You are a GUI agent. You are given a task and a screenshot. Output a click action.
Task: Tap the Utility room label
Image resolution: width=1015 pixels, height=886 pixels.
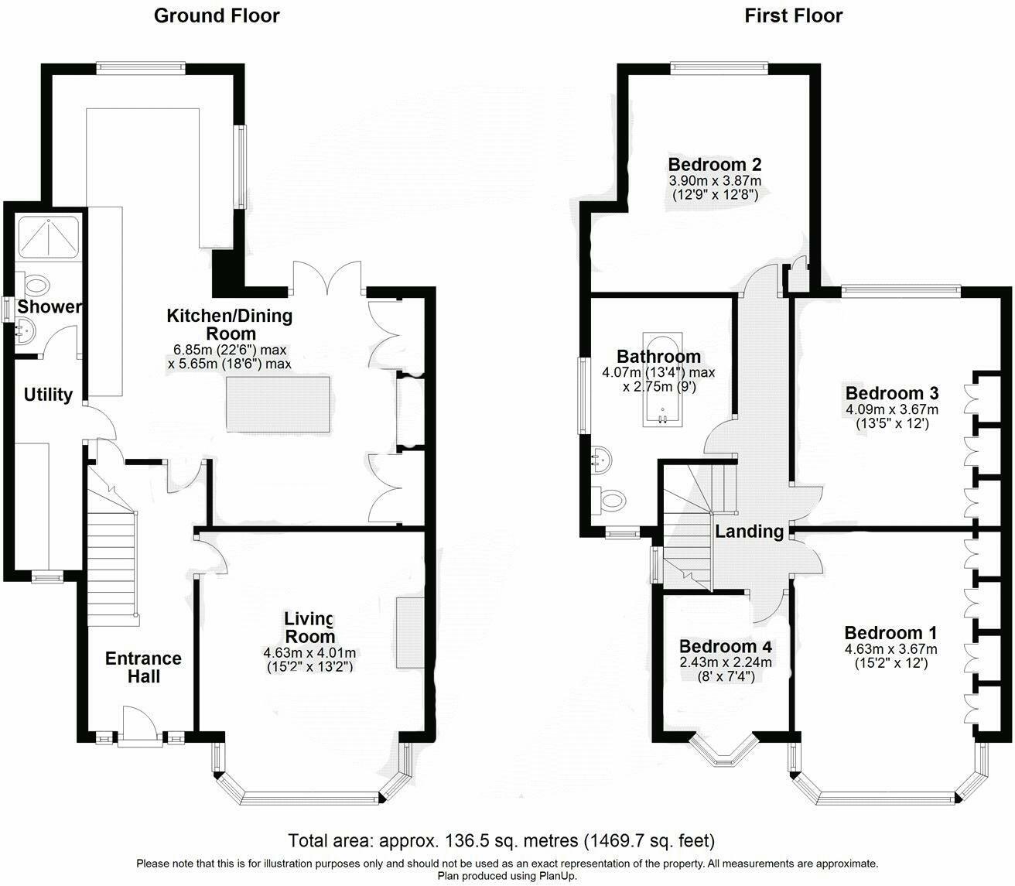(48, 395)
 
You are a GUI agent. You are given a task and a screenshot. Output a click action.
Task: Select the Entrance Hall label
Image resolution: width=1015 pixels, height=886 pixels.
(143, 667)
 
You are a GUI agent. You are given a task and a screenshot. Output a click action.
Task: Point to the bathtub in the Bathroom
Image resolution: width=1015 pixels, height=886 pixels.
(662, 379)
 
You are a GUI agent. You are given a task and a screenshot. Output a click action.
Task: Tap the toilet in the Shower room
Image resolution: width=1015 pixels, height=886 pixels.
(35, 286)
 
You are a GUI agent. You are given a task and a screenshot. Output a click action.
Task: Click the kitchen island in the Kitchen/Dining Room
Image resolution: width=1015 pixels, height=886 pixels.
(279, 404)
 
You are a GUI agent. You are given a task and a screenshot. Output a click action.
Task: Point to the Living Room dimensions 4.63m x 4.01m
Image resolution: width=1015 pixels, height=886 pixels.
(309, 653)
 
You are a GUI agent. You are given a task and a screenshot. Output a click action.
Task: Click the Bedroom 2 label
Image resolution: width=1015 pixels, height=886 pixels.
(714, 164)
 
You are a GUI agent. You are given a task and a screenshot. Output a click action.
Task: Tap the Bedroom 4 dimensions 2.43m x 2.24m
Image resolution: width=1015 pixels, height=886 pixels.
(726, 662)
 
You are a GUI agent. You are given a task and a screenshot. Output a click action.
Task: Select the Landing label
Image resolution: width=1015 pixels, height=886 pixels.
(749, 532)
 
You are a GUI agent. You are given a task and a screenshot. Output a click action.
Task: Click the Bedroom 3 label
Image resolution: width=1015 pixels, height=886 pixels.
(892, 393)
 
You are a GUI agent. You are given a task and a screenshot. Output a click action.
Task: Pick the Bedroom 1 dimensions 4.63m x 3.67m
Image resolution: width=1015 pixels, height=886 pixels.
(891, 649)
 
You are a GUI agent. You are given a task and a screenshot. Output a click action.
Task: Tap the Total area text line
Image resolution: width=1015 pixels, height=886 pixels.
(501, 840)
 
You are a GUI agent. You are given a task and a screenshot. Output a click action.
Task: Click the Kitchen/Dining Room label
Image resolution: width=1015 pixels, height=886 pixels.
(230, 324)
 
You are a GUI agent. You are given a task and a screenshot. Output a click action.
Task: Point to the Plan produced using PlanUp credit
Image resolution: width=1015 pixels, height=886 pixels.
(507, 876)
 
